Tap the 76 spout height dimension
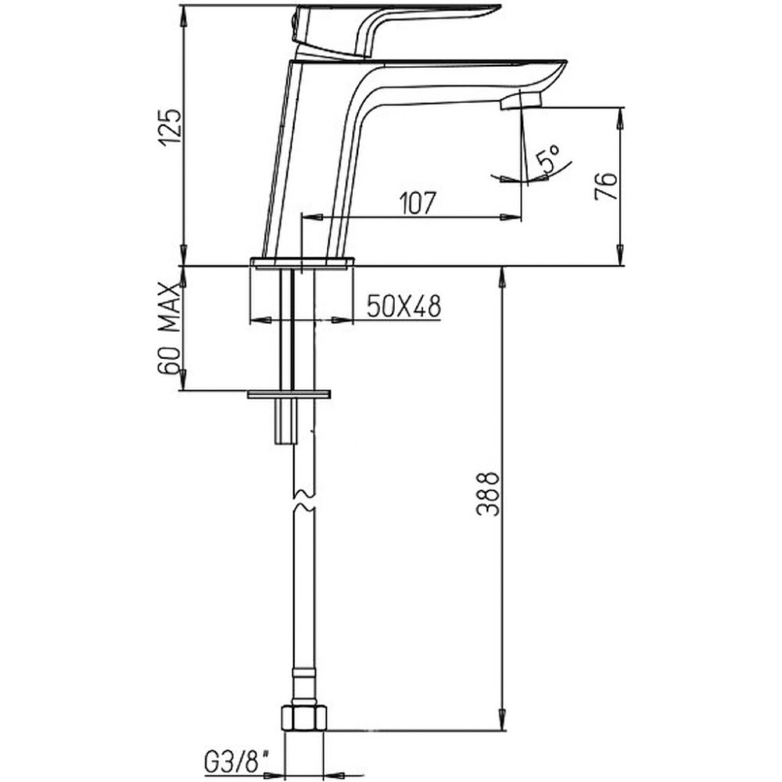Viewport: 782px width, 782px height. [x=606, y=186]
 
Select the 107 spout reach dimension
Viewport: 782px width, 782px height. [x=418, y=203]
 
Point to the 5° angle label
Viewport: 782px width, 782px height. [x=548, y=158]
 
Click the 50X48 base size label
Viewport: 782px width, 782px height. [x=404, y=307]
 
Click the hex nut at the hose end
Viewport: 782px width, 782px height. [x=304, y=718]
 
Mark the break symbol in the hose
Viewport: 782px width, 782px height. [x=303, y=501]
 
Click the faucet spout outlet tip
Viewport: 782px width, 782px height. [x=521, y=102]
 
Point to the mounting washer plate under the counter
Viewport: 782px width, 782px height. [x=289, y=394]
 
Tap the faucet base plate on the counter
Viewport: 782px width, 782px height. [x=303, y=263]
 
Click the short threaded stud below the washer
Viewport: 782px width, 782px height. [x=286, y=421]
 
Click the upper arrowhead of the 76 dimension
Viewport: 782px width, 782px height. [x=620, y=120]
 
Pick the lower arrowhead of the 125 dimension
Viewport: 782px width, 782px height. [x=185, y=254]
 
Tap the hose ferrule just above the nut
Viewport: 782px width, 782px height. [x=303, y=688]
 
